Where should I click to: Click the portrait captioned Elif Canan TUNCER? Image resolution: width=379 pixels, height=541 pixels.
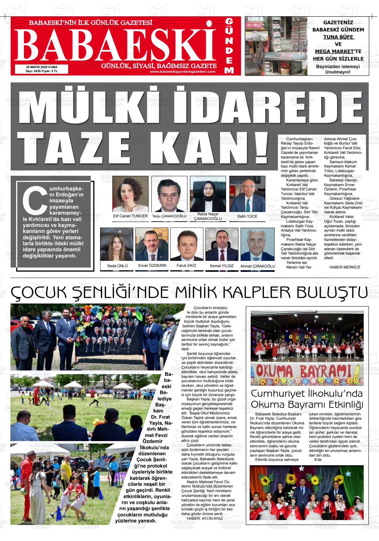pos(130,194)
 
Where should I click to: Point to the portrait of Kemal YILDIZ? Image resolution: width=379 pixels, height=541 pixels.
pos(222,245)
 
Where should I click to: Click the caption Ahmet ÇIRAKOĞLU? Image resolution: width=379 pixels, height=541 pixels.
pos(258,266)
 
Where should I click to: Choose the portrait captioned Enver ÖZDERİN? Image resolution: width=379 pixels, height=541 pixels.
pos(152,245)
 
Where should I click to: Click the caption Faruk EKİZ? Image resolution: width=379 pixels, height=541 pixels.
pos(186,266)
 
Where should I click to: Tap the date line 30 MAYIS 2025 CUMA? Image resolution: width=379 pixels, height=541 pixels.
pos(42,67)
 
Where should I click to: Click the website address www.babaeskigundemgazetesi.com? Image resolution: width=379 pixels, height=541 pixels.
pos(183,71)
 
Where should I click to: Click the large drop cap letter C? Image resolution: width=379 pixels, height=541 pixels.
pos(34,201)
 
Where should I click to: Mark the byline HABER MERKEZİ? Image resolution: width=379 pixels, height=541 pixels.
pos(345,267)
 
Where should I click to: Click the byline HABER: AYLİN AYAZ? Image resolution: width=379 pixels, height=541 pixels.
pos(204,518)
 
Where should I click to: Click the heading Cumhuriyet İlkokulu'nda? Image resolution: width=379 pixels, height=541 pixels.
pos(307,394)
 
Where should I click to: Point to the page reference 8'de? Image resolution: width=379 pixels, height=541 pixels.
pos(318,460)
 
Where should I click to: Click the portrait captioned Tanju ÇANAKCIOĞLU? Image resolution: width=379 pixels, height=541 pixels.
pos(169,194)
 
